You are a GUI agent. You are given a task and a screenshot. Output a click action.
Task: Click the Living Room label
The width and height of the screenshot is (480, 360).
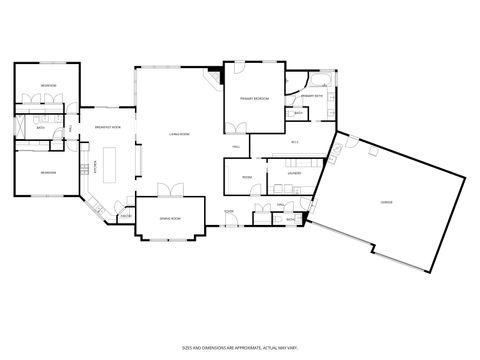179,133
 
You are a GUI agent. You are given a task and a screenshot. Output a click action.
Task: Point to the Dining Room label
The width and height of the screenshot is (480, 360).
170,219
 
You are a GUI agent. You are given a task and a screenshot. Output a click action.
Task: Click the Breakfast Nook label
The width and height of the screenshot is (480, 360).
108,127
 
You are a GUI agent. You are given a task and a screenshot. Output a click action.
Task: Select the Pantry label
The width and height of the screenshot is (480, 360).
126,216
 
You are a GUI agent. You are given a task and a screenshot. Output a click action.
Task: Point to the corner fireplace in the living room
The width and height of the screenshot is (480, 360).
213,76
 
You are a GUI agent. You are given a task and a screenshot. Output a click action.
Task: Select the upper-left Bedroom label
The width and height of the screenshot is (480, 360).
48,87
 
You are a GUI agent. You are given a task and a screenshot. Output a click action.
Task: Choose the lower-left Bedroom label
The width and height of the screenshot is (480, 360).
47,172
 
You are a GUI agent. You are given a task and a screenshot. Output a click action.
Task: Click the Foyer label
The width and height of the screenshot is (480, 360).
229,212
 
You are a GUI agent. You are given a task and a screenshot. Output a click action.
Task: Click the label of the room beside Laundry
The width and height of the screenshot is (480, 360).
246,177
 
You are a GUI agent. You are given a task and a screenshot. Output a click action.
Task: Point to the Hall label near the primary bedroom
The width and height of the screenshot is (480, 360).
236,147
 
